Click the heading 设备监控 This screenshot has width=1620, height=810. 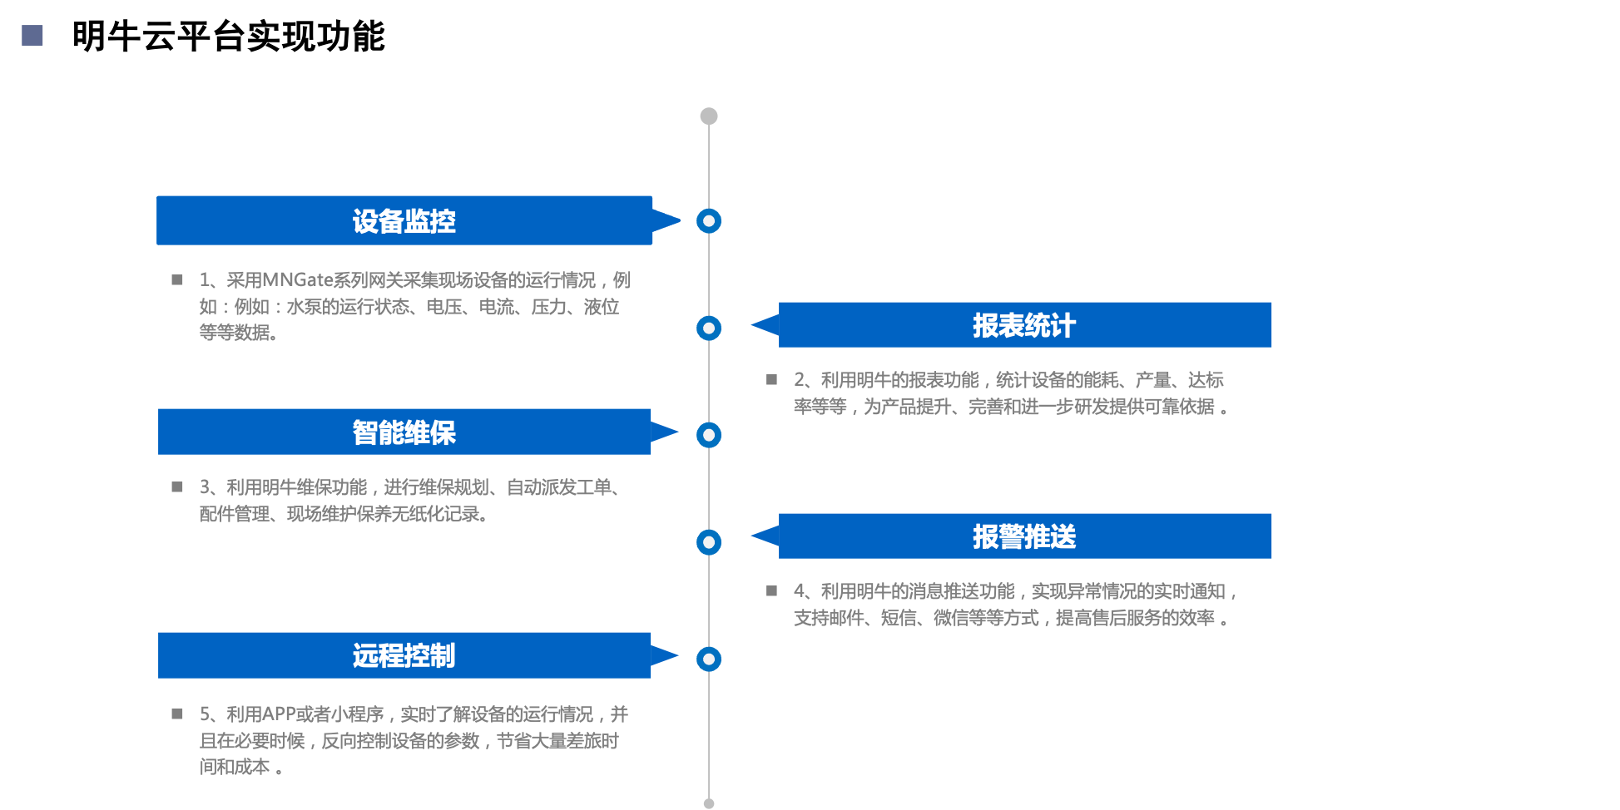tap(404, 221)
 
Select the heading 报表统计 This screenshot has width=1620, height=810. tap(1024, 325)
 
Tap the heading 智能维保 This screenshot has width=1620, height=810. tap(404, 432)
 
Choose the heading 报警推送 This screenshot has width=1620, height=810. tap(1024, 536)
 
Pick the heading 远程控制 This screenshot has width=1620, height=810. tap(404, 656)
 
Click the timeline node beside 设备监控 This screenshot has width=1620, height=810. tap(709, 221)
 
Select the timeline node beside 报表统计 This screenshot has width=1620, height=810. tap(709, 328)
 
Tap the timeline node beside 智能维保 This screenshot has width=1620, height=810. tap(709, 435)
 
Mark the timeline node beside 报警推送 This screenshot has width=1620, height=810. tap(709, 542)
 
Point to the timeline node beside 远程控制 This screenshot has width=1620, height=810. tap(709, 659)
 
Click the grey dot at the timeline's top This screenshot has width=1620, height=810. tap(709, 116)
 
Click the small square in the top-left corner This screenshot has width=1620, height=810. tap(32, 35)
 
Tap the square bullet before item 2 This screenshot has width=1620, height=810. tap(771, 380)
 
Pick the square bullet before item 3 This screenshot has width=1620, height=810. tap(177, 487)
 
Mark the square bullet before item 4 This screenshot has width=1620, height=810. tap(771, 591)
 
